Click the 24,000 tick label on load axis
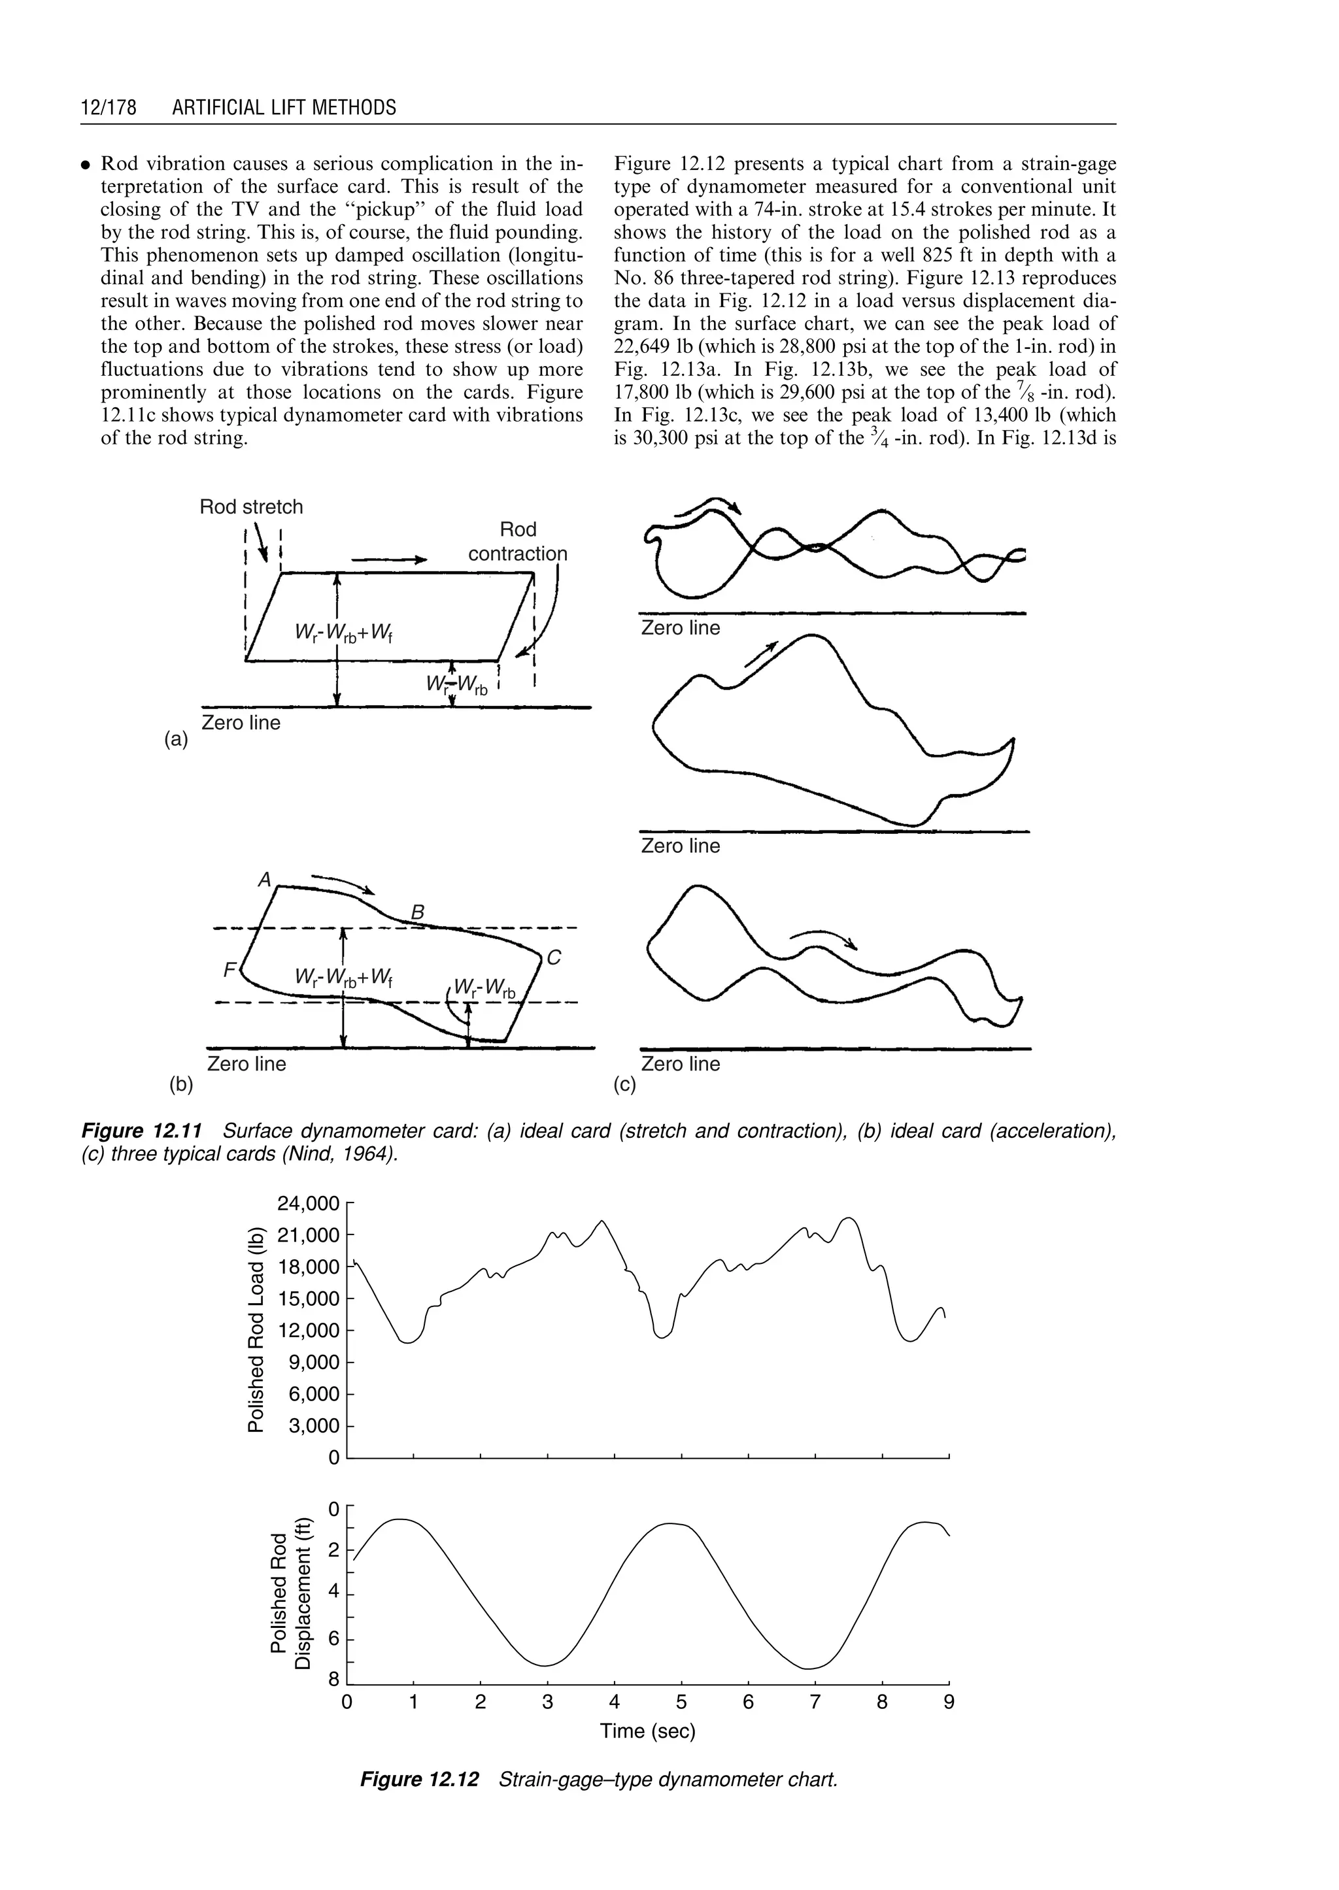309,1204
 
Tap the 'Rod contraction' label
518,542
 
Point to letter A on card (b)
265,880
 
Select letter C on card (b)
554,958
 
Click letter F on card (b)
229,969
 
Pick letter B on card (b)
417,912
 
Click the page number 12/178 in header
108,108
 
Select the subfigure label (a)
176,740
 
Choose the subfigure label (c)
625,1085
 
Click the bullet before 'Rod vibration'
85,165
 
